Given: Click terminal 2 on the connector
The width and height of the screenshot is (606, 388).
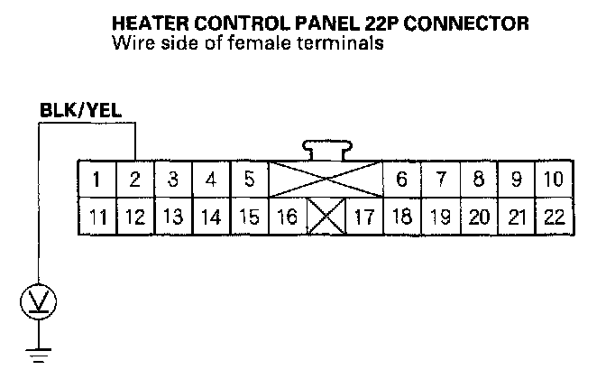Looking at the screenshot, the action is click(x=134, y=179).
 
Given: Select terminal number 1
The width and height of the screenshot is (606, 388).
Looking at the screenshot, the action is click(x=96, y=179).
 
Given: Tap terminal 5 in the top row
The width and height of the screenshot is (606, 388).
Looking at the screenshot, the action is click(x=249, y=179).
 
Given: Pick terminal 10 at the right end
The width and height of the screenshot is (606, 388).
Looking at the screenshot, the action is click(x=554, y=179).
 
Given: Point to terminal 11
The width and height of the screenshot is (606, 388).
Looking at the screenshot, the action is click(x=96, y=217).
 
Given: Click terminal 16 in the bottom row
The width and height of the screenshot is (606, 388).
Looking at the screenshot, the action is click(x=288, y=217).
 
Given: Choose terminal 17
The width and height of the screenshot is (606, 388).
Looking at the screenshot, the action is click(x=364, y=217).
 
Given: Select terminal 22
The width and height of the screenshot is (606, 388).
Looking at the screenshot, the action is click(x=554, y=217).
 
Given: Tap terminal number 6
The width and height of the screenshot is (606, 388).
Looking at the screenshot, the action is click(x=402, y=179).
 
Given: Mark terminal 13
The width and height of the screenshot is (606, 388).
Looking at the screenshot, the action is click(x=172, y=217).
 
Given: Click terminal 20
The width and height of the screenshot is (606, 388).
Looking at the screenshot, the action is click(x=479, y=217).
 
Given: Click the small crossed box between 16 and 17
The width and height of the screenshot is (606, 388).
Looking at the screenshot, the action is click(x=326, y=217).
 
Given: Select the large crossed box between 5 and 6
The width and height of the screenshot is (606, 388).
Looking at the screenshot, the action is click(x=326, y=179).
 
